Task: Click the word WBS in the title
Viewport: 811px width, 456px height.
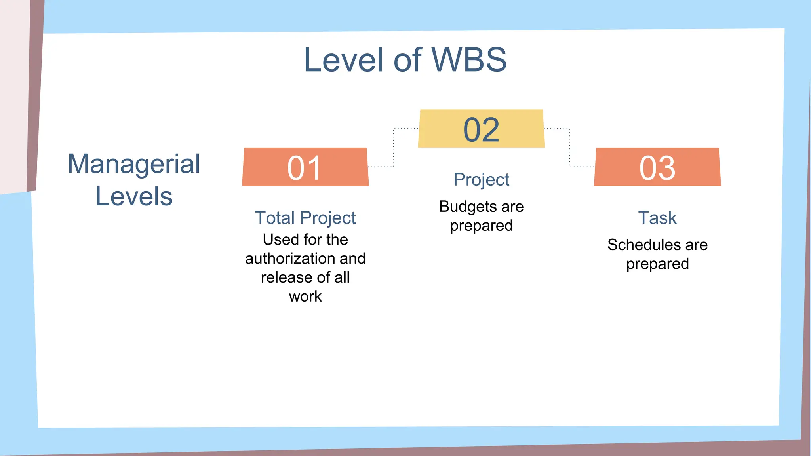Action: pos(469,60)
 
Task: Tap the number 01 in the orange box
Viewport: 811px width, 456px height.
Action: pos(305,168)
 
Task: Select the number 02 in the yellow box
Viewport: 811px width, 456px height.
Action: pos(481,129)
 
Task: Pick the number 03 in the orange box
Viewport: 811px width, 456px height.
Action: pos(657,168)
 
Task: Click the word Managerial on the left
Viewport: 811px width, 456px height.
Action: pos(134,163)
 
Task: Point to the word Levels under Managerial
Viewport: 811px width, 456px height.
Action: pos(134,196)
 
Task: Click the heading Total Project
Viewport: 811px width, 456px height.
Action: pos(305,218)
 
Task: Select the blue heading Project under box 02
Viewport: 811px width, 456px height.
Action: pos(481,180)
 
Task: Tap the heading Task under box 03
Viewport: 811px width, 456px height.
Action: pos(657,218)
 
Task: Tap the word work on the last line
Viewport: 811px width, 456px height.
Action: pos(305,296)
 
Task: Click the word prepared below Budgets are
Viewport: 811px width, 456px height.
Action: pos(481,226)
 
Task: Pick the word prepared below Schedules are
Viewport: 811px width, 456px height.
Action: pos(657,264)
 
